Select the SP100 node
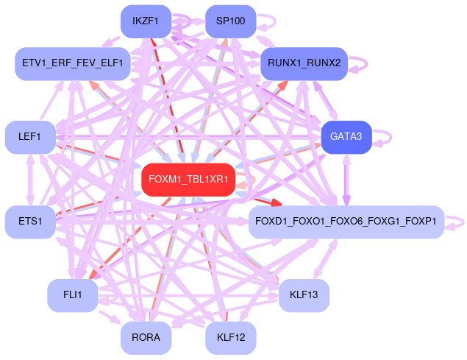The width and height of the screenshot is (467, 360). coord(230,21)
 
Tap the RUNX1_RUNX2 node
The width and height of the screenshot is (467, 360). coord(304,63)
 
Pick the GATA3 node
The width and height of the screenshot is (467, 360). coord(346,137)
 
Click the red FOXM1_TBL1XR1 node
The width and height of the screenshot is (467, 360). coord(188,180)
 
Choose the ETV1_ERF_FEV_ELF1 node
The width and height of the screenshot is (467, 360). coord(73,63)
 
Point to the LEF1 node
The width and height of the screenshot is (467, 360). coord(30,137)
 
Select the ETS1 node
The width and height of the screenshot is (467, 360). coord(30,222)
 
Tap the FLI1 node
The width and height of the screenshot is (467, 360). coord(73,295)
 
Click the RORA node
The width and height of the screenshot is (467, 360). coord(146,338)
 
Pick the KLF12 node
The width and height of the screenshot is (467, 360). coord(230,338)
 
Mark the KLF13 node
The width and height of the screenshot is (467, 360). coord(304,295)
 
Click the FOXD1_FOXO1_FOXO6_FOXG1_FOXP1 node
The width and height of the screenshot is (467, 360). coord(346,222)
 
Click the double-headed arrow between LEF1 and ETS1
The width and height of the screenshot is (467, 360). coord(30,180)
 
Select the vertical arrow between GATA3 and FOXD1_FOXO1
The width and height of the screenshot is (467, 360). coord(346,180)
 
